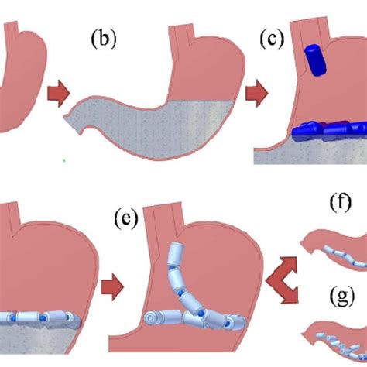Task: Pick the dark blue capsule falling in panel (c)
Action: click(314, 59)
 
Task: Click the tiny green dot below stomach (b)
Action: click(64, 161)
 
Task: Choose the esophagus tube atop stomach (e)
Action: click(166, 216)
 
